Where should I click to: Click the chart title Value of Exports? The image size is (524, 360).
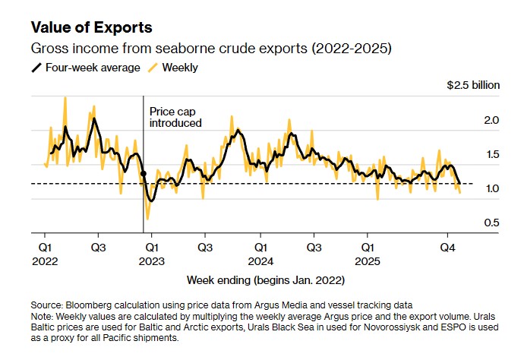pyautogui.click(x=91, y=27)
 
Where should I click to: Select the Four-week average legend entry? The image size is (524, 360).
pyautogui.click(x=85, y=68)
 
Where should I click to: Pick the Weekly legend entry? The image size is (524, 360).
pyautogui.click(x=181, y=68)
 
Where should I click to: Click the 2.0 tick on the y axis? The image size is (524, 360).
pyautogui.click(x=491, y=120)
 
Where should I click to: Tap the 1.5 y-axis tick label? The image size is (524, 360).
pyautogui.click(x=491, y=154)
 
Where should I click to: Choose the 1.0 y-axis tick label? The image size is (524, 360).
pyautogui.click(x=491, y=188)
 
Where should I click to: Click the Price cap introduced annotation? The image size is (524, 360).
pyautogui.click(x=175, y=116)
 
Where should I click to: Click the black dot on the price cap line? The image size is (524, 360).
pyautogui.click(x=144, y=174)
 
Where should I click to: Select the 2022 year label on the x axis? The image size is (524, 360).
pyautogui.click(x=44, y=259)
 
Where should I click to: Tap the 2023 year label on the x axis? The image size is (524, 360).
pyautogui.click(x=151, y=259)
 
